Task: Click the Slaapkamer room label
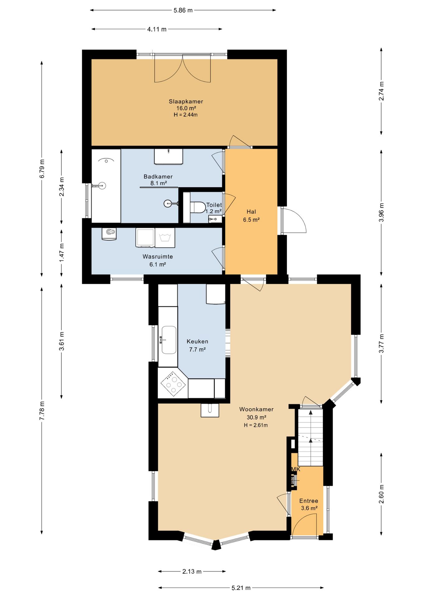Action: pos(186,102)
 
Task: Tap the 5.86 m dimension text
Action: pos(183,10)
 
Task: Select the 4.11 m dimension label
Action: pos(157,29)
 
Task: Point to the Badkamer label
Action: pos(158,177)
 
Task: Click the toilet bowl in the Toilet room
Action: pos(198,207)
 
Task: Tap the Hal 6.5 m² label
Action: pos(251,216)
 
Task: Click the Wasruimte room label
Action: pos(158,257)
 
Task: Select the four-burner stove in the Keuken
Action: pos(173,383)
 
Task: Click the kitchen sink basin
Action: pos(169,340)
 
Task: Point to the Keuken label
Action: pos(197,342)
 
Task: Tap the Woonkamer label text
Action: pos(256,409)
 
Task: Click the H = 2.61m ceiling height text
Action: pos(256,425)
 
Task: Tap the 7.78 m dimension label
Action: pos(42,411)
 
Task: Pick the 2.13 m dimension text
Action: pos(192,572)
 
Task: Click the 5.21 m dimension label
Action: pos(241,588)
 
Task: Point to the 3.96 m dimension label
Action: pos(381,212)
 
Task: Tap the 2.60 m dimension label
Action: pos(381,494)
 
